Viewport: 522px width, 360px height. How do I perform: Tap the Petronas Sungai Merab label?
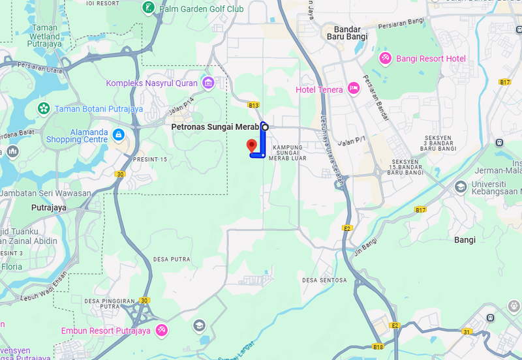tap(215, 127)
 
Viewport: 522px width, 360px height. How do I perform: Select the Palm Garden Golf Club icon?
tap(148, 8)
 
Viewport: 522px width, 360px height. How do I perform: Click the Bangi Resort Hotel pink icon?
tap(385, 59)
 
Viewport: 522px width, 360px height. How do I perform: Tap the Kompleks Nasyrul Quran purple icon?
tap(208, 82)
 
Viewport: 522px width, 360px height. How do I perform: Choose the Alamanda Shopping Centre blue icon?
tap(118, 135)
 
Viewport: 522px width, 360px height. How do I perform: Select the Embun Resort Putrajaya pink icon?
tap(161, 330)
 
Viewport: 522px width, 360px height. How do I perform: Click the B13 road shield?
tap(254, 105)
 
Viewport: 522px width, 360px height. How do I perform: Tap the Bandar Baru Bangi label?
tap(350, 33)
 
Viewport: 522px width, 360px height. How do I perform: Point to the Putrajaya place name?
tap(49, 208)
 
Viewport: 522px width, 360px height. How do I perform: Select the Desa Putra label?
tap(172, 259)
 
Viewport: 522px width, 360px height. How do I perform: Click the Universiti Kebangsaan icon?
tap(460, 187)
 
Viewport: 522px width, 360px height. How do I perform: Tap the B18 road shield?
tap(378, 347)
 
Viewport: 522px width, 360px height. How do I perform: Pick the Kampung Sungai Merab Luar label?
tap(288, 153)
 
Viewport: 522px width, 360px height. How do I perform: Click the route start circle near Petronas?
tap(265, 127)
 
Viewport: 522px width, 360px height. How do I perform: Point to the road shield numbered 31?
tap(467, 332)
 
